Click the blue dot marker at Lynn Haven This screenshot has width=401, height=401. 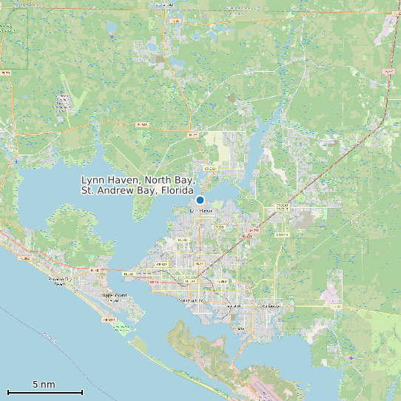[x=200, y=200]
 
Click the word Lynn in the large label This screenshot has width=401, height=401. [x=92, y=181]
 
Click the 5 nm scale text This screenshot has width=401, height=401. [x=44, y=385]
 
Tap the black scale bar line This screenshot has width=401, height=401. [x=44, y=392]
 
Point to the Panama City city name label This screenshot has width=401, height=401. [x=190, y=301]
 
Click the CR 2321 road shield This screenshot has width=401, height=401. [x=210, y=169]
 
